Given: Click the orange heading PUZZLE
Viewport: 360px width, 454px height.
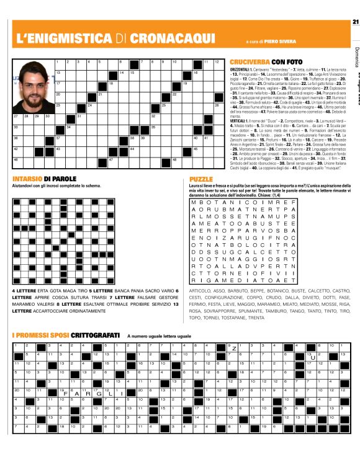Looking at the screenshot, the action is tap(201, 179).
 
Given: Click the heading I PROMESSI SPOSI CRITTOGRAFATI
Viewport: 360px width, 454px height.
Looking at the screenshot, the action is tap(61, 335).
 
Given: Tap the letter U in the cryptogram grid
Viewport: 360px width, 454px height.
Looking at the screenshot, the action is tap(313, 357).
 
